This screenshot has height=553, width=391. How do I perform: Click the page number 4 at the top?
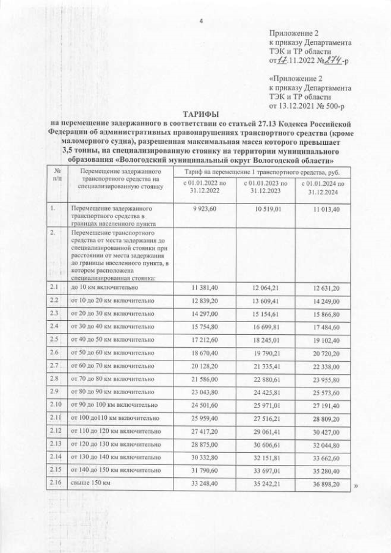coord(200,23)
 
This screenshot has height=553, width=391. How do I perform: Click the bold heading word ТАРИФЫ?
coord(200,114)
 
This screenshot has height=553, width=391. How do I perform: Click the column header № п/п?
coord(57,175)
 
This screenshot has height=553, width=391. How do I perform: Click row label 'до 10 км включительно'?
coord(101,287)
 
